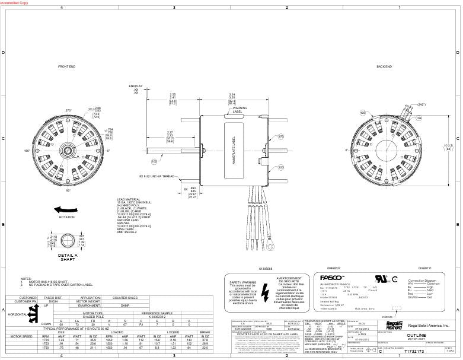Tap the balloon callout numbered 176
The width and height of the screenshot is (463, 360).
(282, 136)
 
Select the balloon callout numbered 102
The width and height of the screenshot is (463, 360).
(154, 161)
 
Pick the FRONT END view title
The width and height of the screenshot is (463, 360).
(67, 67)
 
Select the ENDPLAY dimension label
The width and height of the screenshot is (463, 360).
(136, 87)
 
